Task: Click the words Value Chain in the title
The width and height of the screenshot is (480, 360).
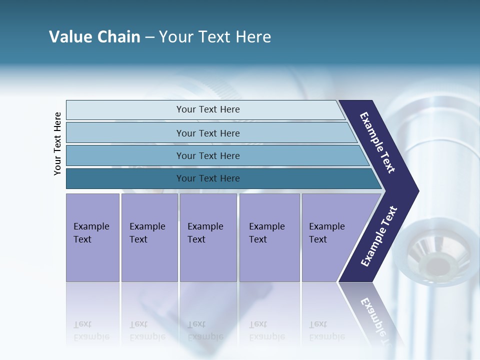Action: coord(94,37)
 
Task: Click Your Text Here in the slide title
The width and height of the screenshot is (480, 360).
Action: coord(215,37)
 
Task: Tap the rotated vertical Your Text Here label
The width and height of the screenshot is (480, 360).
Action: coord(57,143)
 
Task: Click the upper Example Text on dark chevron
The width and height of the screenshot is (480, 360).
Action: coord(377,142)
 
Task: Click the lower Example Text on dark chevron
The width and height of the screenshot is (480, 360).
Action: coord(378,236)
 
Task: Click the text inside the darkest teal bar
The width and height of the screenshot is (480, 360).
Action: coord(208,178)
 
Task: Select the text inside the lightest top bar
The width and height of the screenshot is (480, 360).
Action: coord(208,109)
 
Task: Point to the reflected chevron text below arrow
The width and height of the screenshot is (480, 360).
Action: coord(375,317)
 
